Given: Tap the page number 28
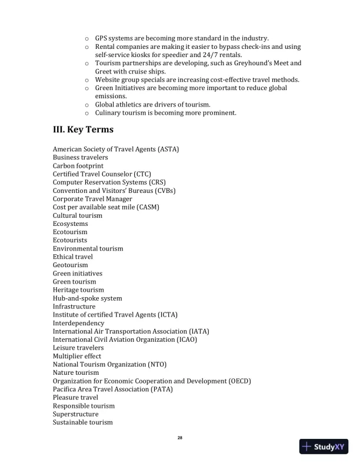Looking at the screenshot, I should (x=180, y=438).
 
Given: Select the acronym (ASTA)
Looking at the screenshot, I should (x=168, y=149).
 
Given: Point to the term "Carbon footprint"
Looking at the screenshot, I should (x=78, y=166).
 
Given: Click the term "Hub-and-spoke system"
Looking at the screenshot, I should (x=88, y=298).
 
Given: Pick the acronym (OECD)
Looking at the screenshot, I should (x=239, y=381).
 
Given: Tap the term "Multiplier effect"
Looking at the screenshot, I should (x=77, y=356).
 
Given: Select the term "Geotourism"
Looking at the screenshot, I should (x=71, y=265).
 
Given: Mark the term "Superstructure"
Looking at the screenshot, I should (x=76, y=414).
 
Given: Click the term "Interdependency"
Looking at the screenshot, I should (x=78, y=323).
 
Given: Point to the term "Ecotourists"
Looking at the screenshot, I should (x=70, y=240).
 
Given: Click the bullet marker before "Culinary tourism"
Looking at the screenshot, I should (x=86, y=113).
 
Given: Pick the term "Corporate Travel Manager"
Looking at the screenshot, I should (x=92, y=199).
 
